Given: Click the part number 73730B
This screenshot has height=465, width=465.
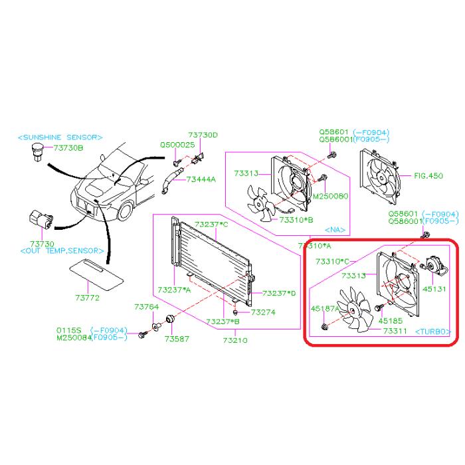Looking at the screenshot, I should coord(68,147).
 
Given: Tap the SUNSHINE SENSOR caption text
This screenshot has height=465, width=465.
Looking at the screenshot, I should coord(60,137).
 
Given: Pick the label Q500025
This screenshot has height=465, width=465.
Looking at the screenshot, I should coord(177,144).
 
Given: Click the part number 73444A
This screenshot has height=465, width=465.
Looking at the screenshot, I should coord(201,179).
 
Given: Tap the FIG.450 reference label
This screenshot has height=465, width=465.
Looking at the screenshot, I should coord(428,176).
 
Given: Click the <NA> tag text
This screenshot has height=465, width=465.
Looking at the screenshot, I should coord(338,230).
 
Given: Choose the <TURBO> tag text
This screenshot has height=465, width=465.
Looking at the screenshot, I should coord(432,330).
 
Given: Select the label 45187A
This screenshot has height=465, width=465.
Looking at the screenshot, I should coord(325,308).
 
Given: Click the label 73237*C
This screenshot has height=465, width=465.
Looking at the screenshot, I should coord(213,225).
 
